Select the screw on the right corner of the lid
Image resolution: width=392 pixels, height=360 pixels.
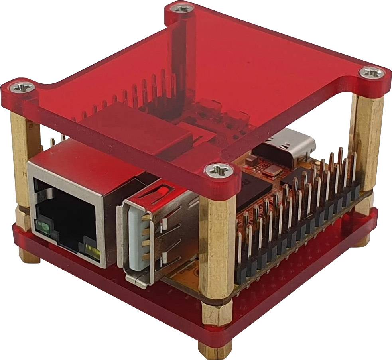tap(372, 73)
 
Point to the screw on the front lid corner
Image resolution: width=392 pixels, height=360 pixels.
tap(219, 171)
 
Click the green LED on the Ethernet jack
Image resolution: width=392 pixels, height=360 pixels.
tap(44, 228)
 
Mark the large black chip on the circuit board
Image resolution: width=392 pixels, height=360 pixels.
tap(255, 191)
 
